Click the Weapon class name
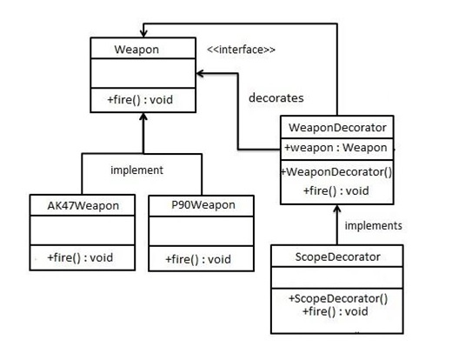coord(136,50)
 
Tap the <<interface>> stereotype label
coord(241,50)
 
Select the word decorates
coord(276,98)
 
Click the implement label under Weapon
coord(136,170)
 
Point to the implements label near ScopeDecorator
coord(373,225)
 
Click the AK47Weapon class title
coord(83,206)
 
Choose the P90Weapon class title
coord(203,205)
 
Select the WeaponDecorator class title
coord(337,128)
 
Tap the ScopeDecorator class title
coord(338,257)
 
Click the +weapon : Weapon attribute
coord(336,148)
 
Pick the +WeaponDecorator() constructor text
coord(336,172)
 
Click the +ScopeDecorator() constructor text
coord(338,298)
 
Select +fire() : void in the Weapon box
coord(140,100)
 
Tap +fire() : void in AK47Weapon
coord(80,257)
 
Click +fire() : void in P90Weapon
coord(198,259)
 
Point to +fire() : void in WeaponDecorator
coord(336,191)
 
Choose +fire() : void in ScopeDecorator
coord(335,311)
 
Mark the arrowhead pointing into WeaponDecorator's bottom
coord(337,208)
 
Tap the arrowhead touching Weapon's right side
coord(200,73)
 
